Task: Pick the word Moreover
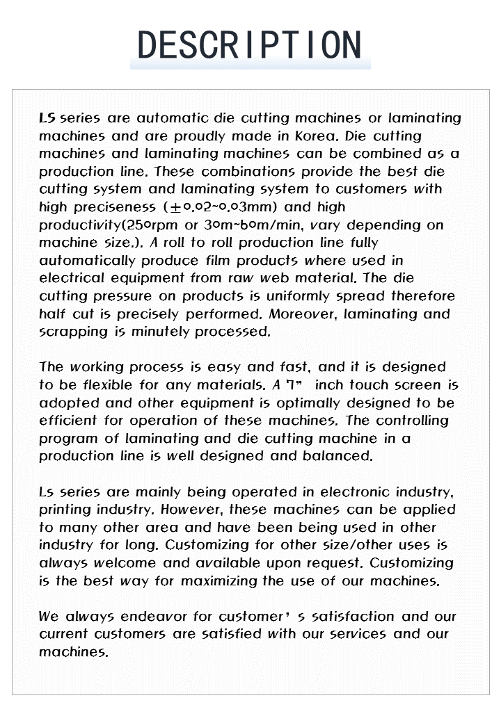coord(301,314)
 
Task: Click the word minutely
coord(162,332)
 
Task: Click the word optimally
coord(310,403)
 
